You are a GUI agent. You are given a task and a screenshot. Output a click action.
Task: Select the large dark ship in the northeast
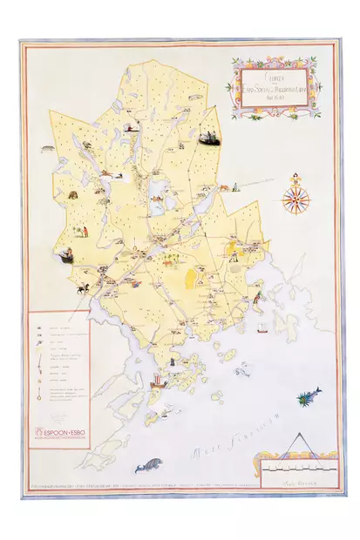click(207, 137)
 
